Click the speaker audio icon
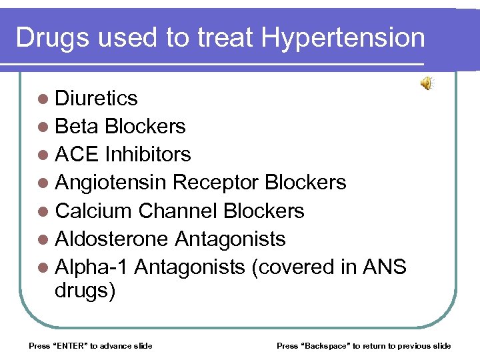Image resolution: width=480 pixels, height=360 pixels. click(426, 83)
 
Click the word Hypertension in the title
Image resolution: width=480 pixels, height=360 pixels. click(343, 38)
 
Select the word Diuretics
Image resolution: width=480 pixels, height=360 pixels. click(97, 99)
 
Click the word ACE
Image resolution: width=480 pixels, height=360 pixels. click(77, 155)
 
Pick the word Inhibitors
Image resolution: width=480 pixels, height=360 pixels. click(147, 155)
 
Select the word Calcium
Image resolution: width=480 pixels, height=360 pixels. click(94, 211)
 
